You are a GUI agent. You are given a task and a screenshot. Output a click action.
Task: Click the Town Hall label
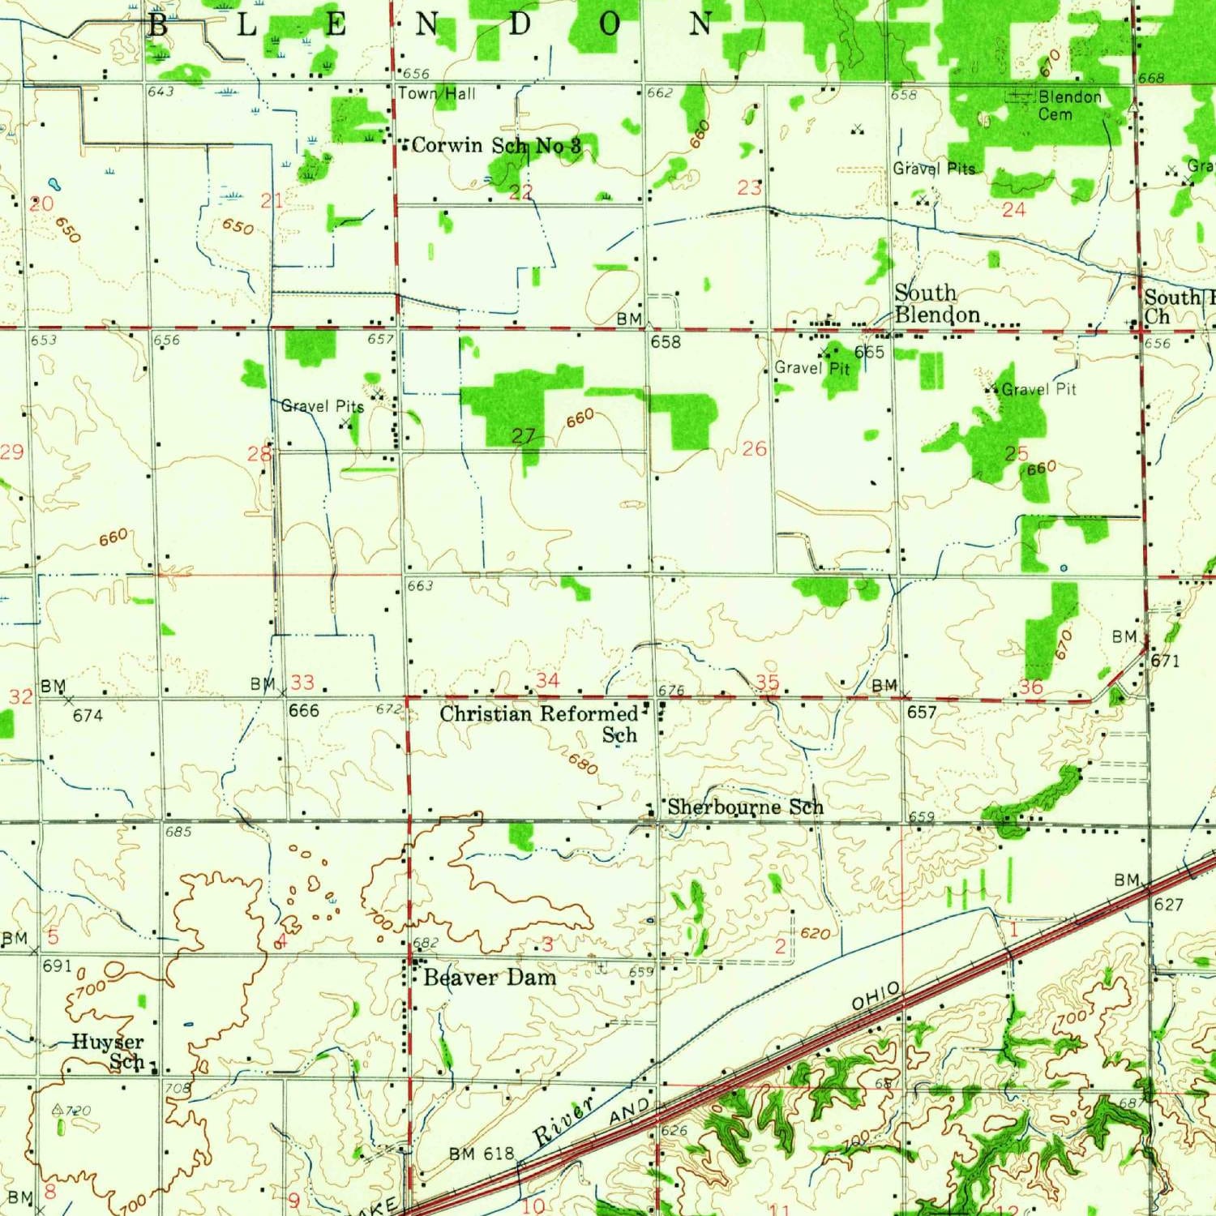click(437, 94)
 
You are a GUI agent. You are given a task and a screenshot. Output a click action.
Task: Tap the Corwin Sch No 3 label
click(496, 146)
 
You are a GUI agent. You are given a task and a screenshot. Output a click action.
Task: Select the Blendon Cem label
click(1069, 105)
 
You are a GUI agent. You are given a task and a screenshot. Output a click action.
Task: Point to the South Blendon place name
click(937, 303)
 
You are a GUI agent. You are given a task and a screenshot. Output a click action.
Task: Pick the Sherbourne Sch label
click(745, 807)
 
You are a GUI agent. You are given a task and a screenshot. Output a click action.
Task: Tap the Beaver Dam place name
click(490, 978)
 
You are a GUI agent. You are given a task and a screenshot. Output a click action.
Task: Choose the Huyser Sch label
click(109, 1051)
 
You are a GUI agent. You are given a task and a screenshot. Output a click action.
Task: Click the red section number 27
click(524, 436)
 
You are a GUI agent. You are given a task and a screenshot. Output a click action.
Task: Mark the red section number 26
click(754, 448)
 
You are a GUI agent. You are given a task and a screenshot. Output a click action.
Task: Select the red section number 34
click(548, 680)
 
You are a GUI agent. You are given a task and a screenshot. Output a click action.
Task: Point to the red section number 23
click(749, 188)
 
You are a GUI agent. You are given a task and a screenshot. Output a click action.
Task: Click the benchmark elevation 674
click(88, 715)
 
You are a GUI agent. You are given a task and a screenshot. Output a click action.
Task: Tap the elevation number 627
click(1168, 904)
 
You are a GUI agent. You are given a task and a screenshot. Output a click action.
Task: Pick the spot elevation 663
click(420, 585)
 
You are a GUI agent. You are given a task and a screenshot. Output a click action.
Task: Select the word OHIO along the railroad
click(876, 995)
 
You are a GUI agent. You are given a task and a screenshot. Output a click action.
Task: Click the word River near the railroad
click(564, 1120)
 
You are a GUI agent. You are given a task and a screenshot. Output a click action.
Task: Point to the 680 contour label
click(583, 764)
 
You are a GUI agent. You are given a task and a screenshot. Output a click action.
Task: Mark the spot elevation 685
click(178, 832)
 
